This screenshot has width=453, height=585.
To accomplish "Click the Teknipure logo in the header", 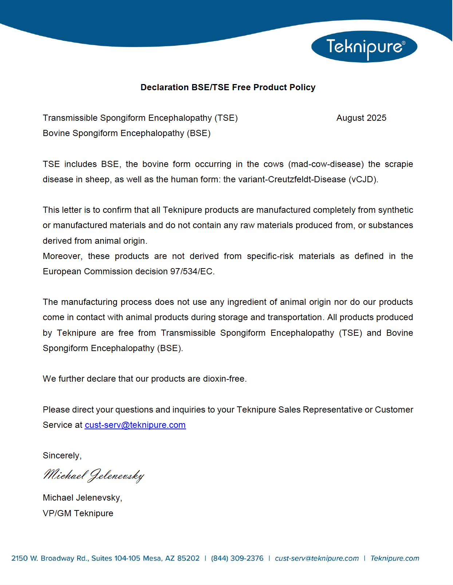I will click(364, 47).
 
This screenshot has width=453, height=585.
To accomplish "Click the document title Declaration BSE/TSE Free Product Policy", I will click(228, 87).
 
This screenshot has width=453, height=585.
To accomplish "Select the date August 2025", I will click(361, 118).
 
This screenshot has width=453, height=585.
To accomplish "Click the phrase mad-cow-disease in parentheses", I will click(326, 164).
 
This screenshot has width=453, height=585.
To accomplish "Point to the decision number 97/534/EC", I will click(191, 271).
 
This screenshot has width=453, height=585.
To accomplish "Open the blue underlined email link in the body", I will click(135, 425).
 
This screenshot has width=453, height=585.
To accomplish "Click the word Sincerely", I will click(61, 455).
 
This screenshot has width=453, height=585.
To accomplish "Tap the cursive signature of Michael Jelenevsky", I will click(94, 475).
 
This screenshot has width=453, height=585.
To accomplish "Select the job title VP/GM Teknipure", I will click(78, 513).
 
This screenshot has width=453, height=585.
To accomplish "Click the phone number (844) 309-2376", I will click(237, 558).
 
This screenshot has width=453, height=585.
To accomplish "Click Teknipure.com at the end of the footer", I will click(395, 558).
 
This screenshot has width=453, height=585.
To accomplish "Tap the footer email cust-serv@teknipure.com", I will click(316, 558).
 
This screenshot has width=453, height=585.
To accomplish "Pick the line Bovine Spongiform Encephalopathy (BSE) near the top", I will click(126, 133).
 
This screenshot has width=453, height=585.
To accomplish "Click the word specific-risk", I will click(270, 256).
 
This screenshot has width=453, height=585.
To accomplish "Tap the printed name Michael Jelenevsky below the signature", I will click(82, 498).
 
